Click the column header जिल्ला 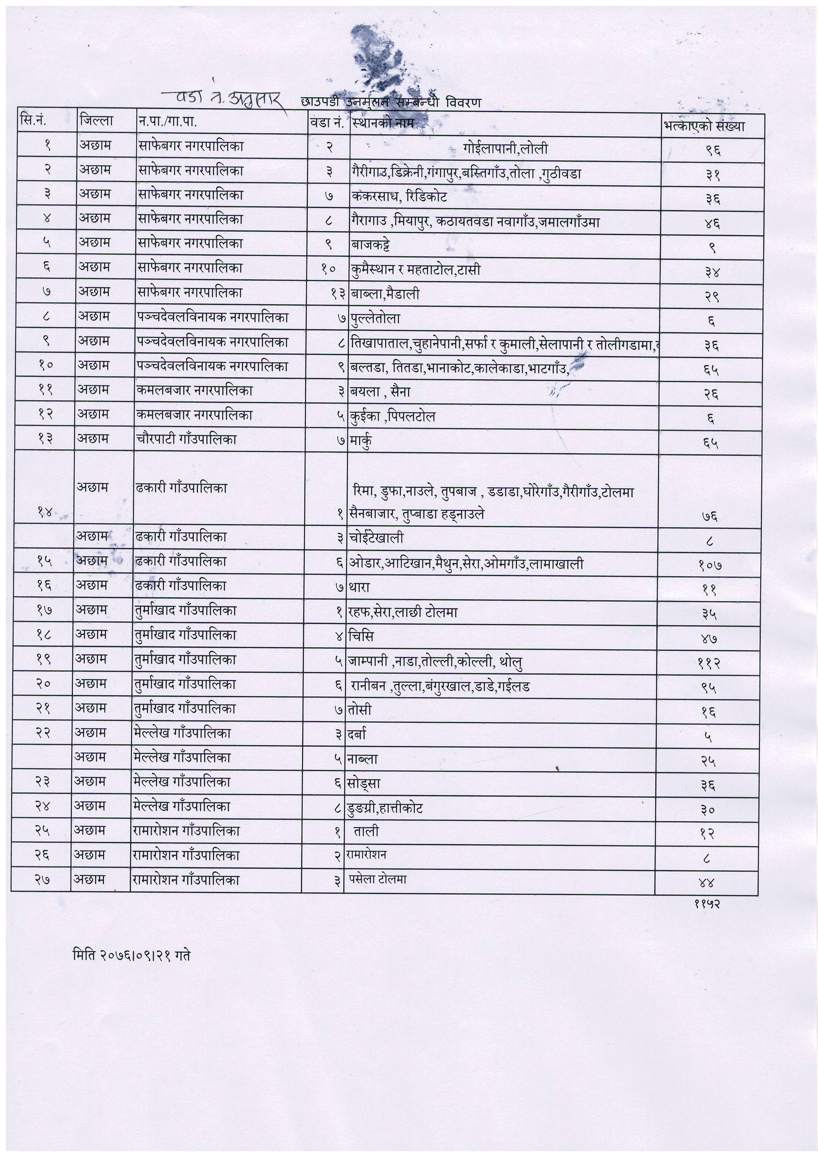(x=96, y=121)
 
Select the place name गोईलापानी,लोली (x=505, y=149)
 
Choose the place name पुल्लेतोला (x=375, y=319)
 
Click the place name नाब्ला (x=363, y=758)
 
